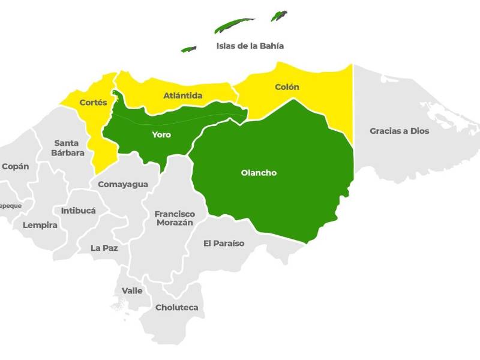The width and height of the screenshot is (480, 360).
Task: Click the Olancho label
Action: (259, 173)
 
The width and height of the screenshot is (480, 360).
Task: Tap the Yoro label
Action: (161, 134)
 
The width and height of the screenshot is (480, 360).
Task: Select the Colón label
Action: (287, 87)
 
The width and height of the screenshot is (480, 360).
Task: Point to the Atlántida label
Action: (183, 95)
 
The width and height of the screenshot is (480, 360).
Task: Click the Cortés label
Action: (93, 103)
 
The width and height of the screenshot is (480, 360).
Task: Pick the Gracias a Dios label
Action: (399, 131)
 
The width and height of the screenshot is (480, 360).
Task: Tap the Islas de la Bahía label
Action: (250, 46)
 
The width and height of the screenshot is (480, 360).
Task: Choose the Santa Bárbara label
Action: (69, 148)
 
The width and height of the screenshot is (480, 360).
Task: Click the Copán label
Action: (15, 166)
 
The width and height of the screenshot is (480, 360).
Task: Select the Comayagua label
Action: (123, 184)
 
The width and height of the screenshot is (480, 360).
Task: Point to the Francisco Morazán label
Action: (175, 218)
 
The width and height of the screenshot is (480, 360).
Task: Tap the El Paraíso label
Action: (224, 243)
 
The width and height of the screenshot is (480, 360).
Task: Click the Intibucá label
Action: (78, 211)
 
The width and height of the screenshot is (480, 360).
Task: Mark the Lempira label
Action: (40, 225)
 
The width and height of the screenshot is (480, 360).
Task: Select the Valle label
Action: (132, 290)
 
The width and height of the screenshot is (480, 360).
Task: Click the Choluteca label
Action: (176, 307)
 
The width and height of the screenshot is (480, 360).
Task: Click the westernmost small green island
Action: (189, 49)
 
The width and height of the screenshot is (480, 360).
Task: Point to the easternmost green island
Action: (278, 16)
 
